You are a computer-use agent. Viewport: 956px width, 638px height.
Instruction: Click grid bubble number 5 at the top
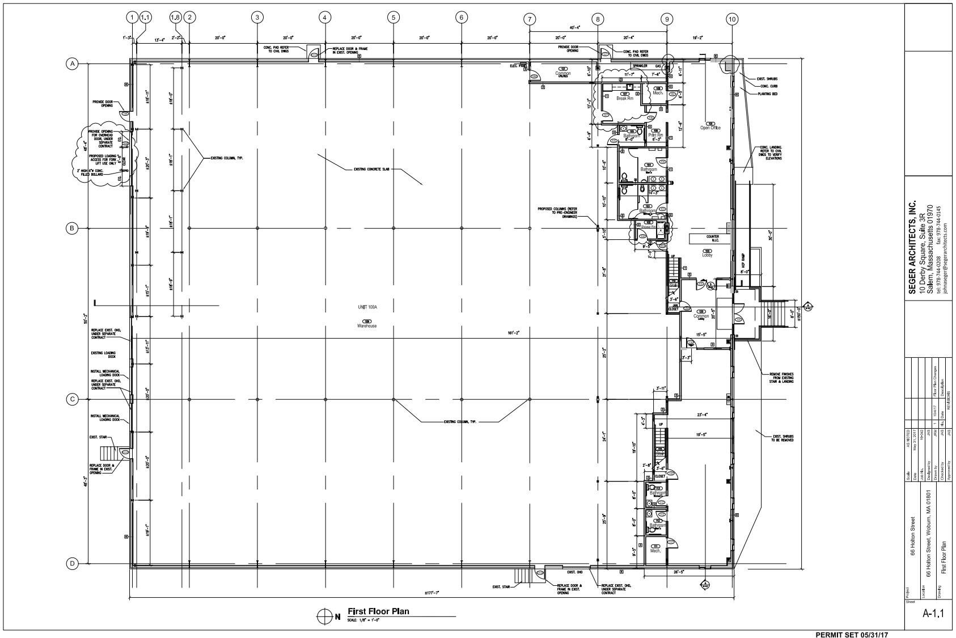pos(393,18)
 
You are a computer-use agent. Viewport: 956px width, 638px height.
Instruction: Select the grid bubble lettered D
pos(73,564)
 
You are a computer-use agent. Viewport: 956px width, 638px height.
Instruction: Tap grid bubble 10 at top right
pos(732,19)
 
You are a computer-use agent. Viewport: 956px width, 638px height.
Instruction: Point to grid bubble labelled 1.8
pos(175,18)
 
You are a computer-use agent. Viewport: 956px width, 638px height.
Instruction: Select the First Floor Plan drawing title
pos(378,611)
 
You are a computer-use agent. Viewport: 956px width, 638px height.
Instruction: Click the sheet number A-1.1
pos(929,612)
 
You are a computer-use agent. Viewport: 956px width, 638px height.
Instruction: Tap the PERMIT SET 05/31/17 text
pos(852,634)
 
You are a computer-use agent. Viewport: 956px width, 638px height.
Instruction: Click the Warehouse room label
pos(367,326)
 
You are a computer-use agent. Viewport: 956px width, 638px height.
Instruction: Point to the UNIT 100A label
pos(367,307)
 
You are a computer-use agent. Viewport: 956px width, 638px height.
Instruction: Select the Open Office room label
pos(710,128)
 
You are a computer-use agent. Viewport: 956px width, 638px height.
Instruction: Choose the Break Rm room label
pos(625,99)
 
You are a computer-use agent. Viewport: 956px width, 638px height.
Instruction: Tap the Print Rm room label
pos(655,136)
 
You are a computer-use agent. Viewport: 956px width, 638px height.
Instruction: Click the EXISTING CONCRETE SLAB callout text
pos(371,169)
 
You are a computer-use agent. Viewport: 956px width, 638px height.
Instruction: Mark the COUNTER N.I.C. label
pos(713,239)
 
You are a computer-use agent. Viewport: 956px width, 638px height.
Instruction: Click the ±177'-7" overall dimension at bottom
pos(433,593)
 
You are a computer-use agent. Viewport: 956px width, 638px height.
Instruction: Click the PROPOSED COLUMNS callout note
pos(558,213)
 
